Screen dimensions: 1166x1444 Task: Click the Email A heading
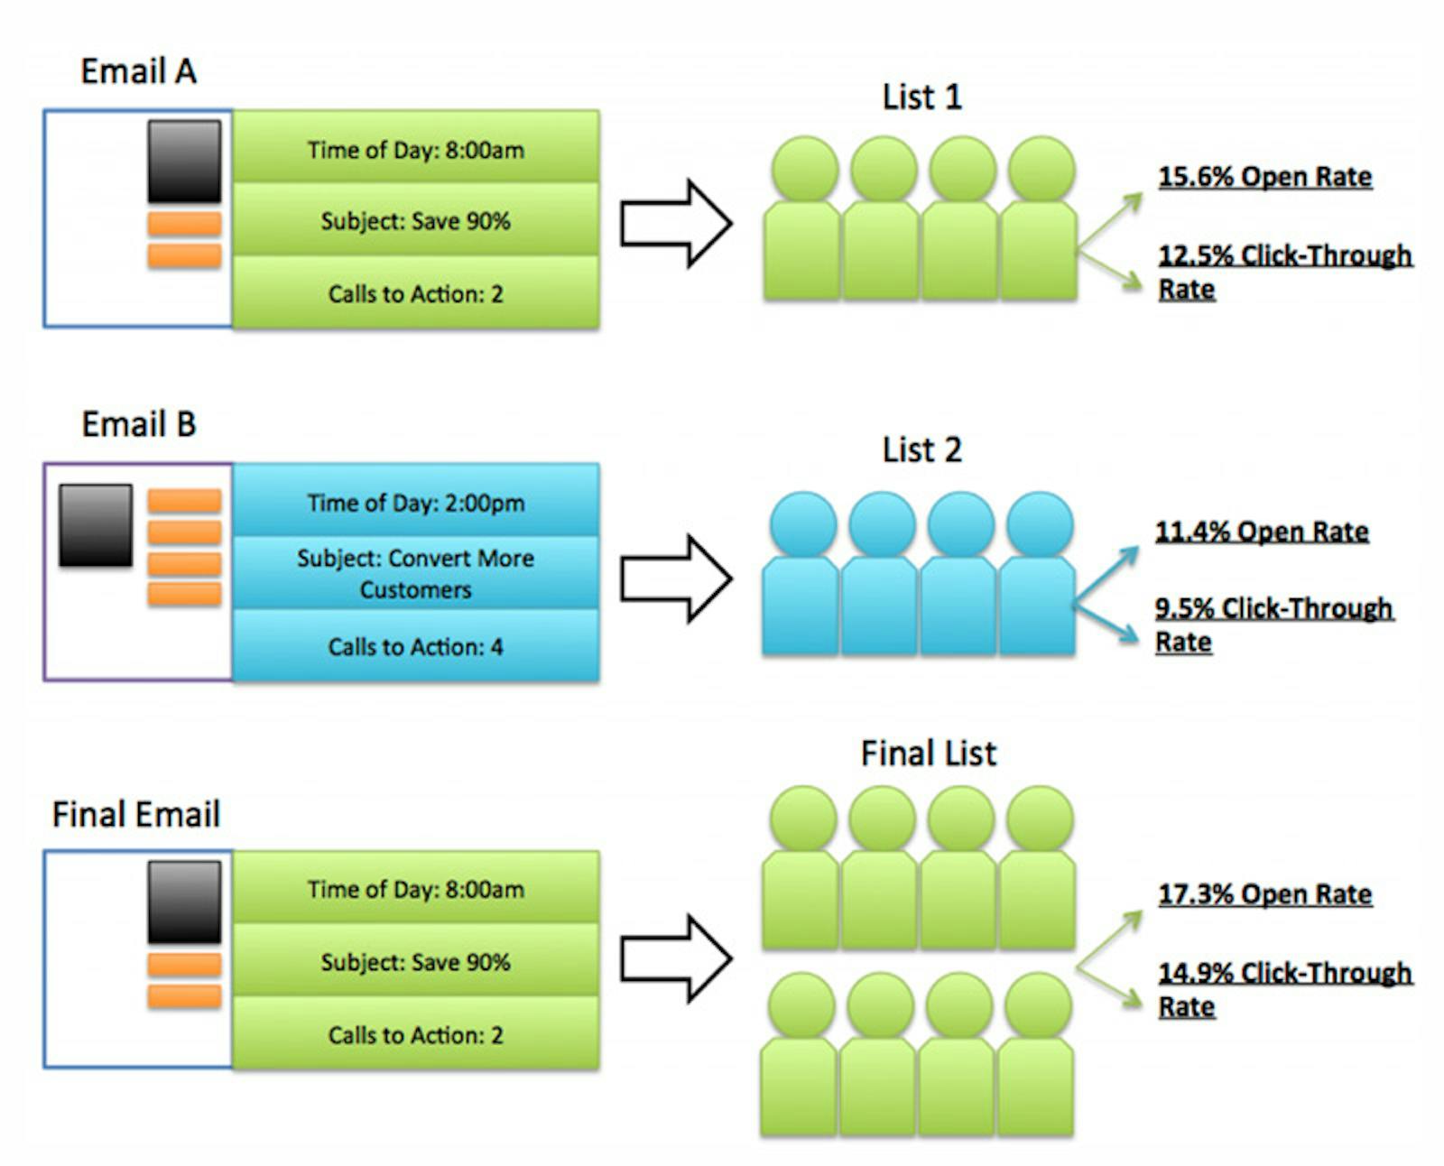point(138,71)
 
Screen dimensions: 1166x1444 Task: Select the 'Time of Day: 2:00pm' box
point(415,502)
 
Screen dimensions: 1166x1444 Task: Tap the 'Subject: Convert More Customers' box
point(415,573)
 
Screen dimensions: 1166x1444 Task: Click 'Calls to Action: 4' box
point(415,646)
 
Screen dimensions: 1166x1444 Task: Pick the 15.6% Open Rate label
point(1264,176)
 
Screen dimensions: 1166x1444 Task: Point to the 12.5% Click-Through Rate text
point(1283,271)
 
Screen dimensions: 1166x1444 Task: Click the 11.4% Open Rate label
point(1262,531)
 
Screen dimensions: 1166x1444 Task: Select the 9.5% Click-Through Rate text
point(1273,624)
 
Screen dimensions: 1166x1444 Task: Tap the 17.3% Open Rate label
point(1264,893)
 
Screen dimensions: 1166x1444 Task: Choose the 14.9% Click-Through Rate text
point(1283,988)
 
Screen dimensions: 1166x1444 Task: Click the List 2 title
point(921,449)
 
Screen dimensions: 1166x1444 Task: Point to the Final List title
point(928,753)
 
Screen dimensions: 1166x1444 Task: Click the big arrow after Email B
point(675,578)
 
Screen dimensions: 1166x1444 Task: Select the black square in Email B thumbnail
point(96,525)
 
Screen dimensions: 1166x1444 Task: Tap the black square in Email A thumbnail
point(184,162)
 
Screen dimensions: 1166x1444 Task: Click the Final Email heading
point(135,814)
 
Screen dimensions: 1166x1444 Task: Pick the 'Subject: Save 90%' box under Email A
point(415,220)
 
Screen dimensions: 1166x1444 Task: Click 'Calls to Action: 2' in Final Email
point(415,1034)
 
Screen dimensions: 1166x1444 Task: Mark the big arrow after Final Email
point(675,958)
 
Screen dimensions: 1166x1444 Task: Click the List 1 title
point(921,97)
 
